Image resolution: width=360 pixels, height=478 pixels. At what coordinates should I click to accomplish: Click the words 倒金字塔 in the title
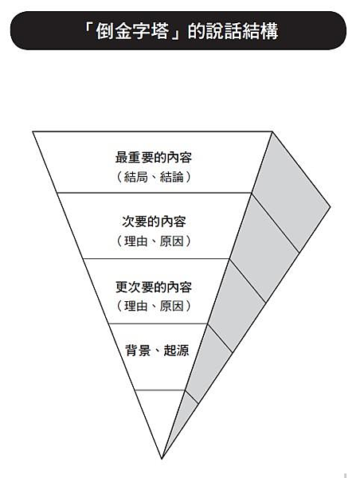click(132, 31)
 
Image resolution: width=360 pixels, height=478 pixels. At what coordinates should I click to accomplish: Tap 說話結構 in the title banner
click(242, 31)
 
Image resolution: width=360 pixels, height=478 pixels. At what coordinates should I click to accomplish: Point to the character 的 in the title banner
click(196, 31)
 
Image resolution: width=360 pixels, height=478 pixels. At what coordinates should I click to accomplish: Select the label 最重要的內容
click(154, 158)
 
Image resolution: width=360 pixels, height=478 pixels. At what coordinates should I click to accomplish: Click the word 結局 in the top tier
click(136, 177)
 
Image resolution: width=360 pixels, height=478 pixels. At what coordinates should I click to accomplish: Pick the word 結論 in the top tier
click(172, 177)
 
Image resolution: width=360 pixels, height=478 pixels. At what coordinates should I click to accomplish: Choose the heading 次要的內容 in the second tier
click(154, 221)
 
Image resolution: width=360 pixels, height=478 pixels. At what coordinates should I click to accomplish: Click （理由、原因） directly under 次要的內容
click(154, 241)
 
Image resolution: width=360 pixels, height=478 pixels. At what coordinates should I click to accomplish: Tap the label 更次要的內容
click(154, 287)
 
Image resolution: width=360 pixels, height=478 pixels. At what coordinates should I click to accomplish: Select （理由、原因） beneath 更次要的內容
click(154, 306)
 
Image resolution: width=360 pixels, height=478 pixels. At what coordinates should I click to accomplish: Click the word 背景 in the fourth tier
click(138, 351)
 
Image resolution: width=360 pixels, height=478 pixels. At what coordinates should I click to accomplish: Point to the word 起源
click(176, 351)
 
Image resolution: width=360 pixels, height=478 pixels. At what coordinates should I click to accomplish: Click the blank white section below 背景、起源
click(161, 414)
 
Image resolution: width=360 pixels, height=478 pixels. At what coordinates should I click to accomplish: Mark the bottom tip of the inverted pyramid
click(162, 459)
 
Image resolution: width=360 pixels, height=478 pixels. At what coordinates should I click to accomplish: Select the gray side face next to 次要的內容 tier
click(264, 249)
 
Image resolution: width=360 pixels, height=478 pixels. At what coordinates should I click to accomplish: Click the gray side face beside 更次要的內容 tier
click(237, 307)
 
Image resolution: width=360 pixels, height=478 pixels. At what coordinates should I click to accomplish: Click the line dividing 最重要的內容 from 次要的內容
click(155, 193)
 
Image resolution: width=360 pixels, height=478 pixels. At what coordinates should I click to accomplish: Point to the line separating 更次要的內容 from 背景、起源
click(158, 323)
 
